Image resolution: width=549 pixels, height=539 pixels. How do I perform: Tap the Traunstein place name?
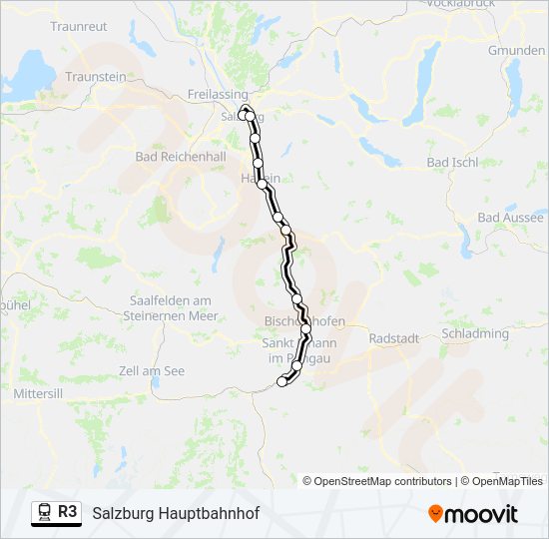(96, 76)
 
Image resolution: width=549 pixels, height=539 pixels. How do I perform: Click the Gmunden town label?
(516, 50)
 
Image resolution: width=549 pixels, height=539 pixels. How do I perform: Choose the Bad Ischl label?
(452, 162)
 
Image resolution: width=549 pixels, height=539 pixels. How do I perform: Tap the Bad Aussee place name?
(511, 217)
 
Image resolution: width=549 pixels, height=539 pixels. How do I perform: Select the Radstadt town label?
(393, 338)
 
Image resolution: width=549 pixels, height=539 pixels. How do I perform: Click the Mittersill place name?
(38, 394)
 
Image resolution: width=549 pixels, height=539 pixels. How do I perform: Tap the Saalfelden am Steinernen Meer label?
(174, 307)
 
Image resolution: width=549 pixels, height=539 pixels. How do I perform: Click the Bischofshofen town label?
(304, 321)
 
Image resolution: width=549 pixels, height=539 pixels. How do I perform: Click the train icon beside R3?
(43, 512)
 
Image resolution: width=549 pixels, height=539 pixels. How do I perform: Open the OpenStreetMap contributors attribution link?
(383, 481)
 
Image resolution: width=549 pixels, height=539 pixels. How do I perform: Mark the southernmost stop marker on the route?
(281, 381)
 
